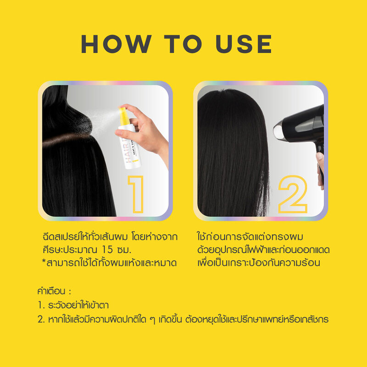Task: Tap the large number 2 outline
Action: pos(292,194)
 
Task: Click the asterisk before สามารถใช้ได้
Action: pos(43,263)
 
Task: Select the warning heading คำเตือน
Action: pos(52,292)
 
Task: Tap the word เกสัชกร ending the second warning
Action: pos(312,318)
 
